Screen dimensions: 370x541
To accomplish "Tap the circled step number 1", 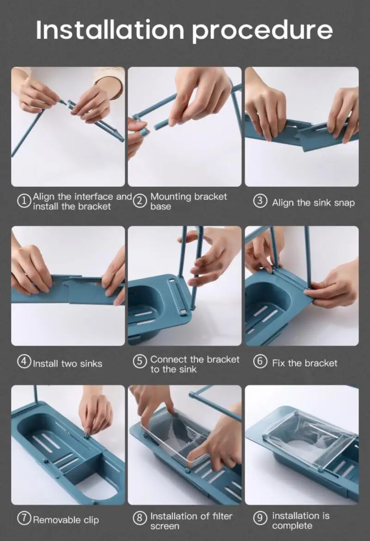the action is (x=24, y=201).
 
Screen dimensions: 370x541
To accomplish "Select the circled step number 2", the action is (x=139, y=201).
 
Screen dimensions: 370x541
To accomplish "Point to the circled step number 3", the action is (x=260, y=201).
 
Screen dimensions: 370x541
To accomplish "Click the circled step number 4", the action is (x=24, y=362).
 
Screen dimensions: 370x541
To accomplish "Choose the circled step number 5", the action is (x=139, y=362).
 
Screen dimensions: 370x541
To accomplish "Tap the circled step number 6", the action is (x=260, y=362).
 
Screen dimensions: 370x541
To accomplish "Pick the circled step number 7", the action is (x=24, y=518).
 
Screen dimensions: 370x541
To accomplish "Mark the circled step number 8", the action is (x=139, y=518).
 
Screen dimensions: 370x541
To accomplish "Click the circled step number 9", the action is (x=260, y=518).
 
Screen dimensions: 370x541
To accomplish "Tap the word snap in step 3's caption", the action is (x=344, y=203).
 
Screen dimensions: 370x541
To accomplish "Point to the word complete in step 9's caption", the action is (x=292, y=527).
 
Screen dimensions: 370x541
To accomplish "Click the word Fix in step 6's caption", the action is (x=278, y=363).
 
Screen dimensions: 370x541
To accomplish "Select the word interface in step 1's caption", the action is (x=94, y=197).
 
